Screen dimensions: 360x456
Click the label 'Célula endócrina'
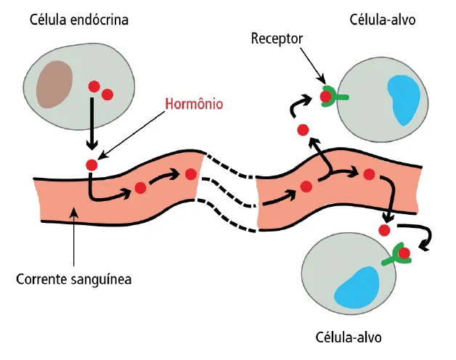[79, 20]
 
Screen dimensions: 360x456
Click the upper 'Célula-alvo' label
[383, 20]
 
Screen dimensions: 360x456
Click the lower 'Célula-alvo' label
[349, 337]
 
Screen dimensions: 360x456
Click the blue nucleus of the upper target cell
[404, 99]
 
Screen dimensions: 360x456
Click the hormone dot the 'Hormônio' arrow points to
[91, 165]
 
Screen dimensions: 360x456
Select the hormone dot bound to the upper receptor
[327, 95]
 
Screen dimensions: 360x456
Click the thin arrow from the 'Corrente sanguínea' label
[74, 240]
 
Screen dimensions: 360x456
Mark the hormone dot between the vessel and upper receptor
[303, 130]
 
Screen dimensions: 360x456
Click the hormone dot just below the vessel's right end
[384, 230]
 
